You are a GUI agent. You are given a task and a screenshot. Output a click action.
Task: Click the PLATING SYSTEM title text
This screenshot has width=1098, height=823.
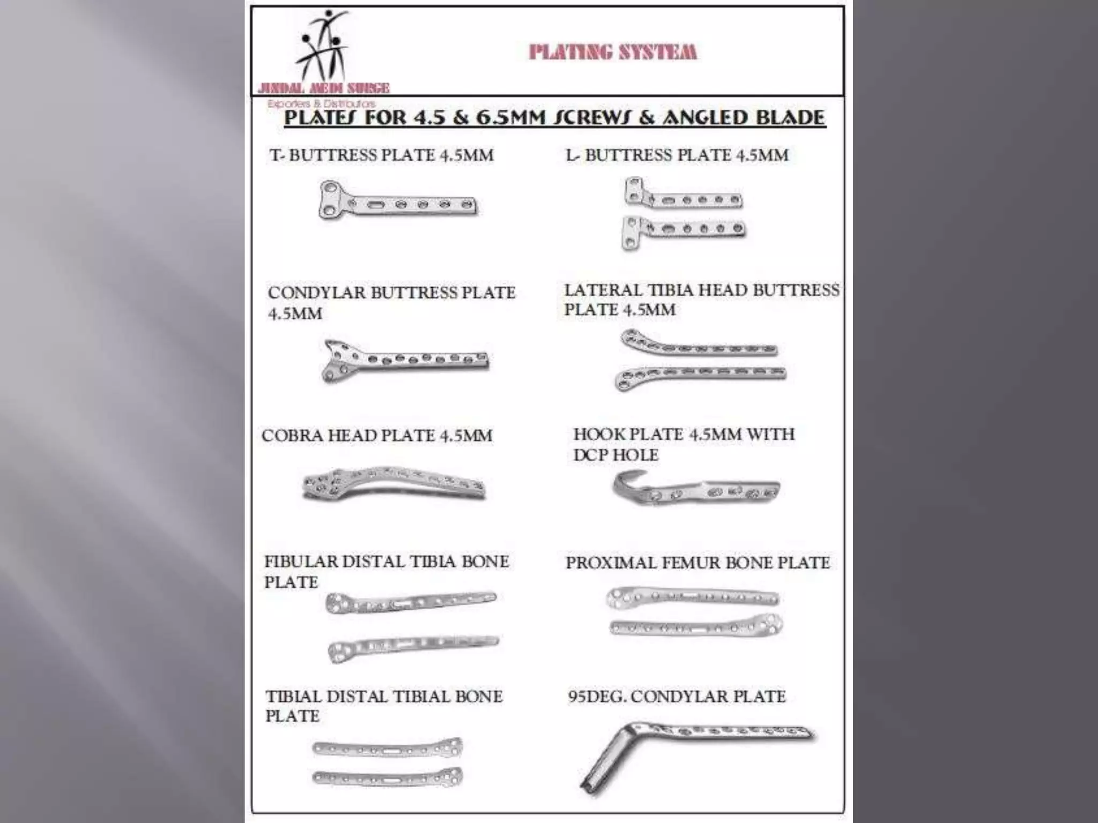[612, 52]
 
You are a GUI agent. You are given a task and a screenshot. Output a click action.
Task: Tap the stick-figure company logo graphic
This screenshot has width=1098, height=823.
[323, 47]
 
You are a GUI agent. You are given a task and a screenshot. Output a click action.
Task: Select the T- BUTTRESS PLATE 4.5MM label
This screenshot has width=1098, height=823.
[381, 155]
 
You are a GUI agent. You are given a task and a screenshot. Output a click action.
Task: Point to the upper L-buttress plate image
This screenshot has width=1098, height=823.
[683, 197]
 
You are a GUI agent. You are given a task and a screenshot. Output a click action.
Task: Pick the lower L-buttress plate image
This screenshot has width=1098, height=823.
[683, 230]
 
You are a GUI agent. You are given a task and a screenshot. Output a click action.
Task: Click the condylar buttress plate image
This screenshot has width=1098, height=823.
[405, 359]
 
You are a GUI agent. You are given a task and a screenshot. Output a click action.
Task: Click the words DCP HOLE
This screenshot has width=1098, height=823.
[615, 455]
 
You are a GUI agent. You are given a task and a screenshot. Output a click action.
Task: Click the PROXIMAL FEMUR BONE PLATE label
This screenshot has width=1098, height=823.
[698, 563]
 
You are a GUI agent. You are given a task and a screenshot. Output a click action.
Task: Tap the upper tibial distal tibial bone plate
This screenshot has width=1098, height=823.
[387, 747]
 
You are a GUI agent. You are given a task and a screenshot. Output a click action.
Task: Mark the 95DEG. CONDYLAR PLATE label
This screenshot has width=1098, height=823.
[677, 697]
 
